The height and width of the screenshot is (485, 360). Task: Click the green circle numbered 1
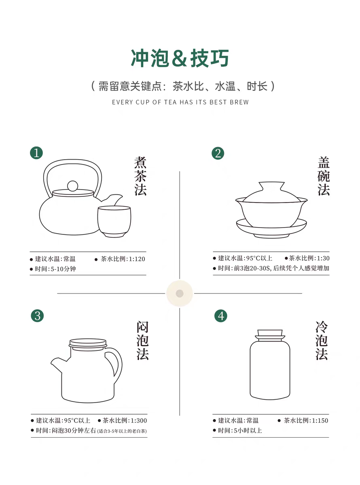[x=36, y=153]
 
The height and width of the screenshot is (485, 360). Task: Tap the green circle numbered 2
[x=218, y=153]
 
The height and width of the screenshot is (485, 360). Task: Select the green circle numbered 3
[x=38, y=316]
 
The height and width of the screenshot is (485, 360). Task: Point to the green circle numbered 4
[x=221, y=316]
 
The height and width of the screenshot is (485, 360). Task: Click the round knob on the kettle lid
[x=73, y=186]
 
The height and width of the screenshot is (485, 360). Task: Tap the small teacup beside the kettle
[x=114, y=221]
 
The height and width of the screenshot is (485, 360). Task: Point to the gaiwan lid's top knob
[x=271, y=186]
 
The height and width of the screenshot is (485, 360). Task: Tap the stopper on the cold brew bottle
[x=270, y=335]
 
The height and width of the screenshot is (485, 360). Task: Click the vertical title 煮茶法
[x=140, y=176]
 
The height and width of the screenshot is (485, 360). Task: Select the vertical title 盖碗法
[x=324, y=176]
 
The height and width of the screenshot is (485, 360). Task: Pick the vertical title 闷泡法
[x=142, y=340]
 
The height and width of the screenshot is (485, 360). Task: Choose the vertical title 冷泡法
[x=322, y=340]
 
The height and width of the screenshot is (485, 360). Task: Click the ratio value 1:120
[x=137, y=259]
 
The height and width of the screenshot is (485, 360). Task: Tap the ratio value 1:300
[x=139, y=420]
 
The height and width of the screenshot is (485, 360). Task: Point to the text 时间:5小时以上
[x=240, y=430]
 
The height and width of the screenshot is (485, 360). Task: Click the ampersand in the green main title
[x=180, y=58]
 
